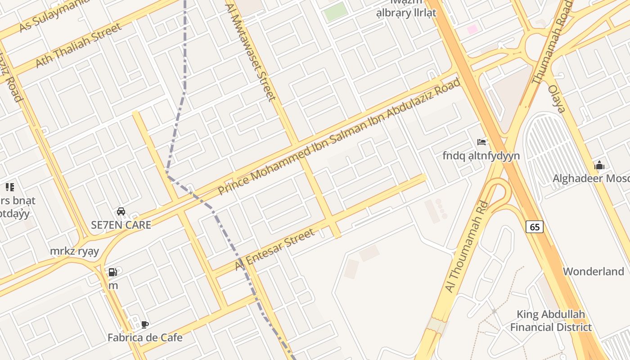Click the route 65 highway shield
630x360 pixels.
click(535, 227)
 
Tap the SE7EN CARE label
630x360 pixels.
click(121, 225)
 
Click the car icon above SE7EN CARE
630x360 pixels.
click(121, 211)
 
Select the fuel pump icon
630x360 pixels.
click(112, 272)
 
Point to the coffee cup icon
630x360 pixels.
click(144, 324)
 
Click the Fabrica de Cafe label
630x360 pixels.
click(145, 337)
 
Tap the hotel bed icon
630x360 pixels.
click(481, 142)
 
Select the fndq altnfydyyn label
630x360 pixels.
click(481, 156)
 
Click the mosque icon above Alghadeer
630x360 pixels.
click(599, 166)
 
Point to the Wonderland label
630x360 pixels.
click(594, 271)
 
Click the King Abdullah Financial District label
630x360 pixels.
click(551, 321)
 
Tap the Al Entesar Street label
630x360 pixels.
click(274, 250)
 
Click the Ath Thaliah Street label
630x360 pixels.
click(78, 45)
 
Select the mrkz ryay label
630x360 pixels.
click(74, 251)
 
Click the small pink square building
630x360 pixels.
click(472, 29)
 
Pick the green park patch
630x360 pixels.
click(336, 12)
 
